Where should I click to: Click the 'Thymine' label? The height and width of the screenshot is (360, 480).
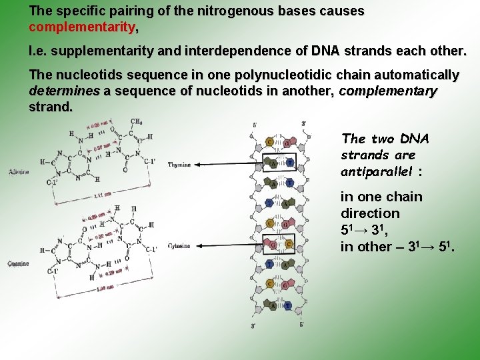click(179, 164)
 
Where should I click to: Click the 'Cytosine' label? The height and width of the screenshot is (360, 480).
click(179, 246)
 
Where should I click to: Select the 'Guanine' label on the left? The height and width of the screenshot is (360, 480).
click(18, 263)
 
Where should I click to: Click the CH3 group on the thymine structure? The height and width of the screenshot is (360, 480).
click(137, 122)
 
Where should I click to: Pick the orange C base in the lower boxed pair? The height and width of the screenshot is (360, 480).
click(289, 244)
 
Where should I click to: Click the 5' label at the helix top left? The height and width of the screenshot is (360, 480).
click(255, 125)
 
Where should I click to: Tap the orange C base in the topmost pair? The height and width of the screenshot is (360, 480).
click(269, 142)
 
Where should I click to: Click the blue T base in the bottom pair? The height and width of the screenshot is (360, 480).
click(288, 306)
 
